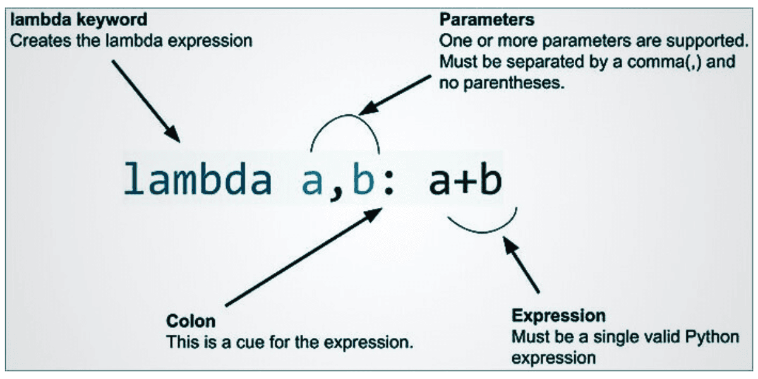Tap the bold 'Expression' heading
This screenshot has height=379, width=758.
(x=558, y=315)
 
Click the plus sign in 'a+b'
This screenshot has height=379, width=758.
(x=464, y=181)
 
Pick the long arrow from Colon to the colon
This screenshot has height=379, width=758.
(x=303, y=257)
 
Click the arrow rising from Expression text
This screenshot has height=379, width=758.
(x=521, y=264)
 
